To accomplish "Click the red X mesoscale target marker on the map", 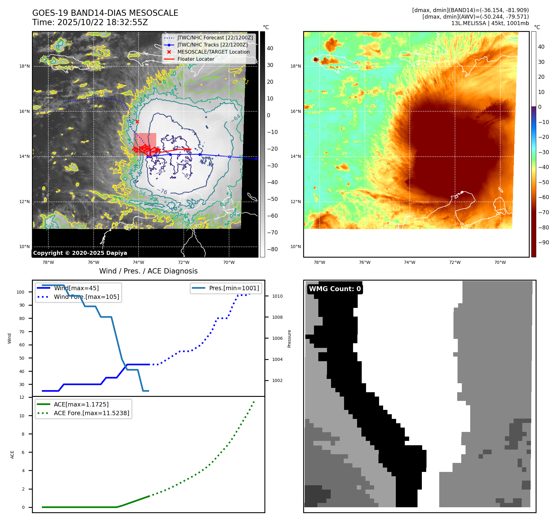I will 137,122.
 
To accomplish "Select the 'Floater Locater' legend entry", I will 196,59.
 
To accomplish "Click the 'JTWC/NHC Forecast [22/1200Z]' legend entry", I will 215,38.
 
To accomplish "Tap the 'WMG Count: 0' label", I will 335,289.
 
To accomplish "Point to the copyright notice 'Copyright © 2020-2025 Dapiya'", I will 80,253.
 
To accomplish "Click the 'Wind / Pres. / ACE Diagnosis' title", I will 148,271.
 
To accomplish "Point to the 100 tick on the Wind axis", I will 20,292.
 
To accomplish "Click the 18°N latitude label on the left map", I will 24,66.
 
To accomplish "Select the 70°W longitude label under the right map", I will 500,262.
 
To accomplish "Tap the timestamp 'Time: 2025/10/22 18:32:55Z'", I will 90,22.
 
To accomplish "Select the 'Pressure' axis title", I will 289,339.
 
